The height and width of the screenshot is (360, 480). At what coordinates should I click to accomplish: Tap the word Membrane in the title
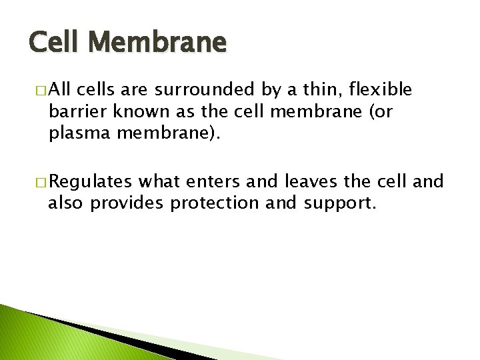point(159,45)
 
